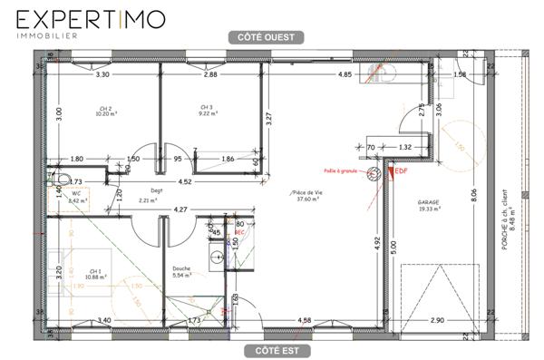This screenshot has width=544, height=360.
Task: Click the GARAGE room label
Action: tap(429, 204)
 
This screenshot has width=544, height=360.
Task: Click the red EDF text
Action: tap(400, 170)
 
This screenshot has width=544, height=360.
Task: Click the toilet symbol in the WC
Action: tap(64, 178)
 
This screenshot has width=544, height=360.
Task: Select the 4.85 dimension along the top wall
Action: tap(345, 74)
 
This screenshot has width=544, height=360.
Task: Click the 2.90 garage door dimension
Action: tap(437, 320)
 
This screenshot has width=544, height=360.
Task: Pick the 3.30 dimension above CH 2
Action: tap(102, 74)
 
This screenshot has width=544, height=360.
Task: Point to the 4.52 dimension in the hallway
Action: tap(184, 182)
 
